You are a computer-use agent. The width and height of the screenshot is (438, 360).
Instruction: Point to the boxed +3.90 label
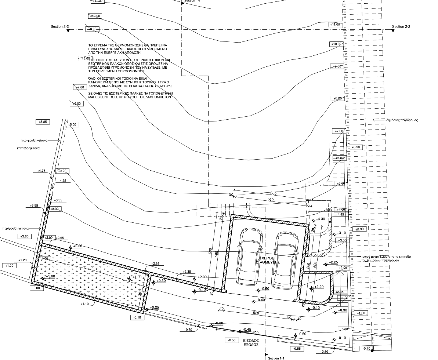[360, 229]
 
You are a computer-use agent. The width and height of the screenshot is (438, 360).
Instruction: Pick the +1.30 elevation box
[361, 313]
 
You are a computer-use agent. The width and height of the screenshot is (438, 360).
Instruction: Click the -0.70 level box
[366, 348]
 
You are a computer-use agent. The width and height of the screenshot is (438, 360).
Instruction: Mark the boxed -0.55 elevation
[297, 348]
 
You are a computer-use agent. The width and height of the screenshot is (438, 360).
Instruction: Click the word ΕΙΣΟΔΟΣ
[251, 340]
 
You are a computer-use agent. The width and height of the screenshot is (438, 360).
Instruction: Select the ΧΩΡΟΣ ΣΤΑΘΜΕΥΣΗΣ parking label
[268, 260]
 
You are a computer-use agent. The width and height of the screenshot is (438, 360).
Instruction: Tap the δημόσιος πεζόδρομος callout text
[402, 120]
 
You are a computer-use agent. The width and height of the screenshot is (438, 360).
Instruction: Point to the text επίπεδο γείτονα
[28, 148]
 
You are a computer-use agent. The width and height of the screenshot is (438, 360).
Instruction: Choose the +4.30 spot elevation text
[321, 219]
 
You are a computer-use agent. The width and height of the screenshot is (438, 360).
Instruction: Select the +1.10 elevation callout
[85, 304]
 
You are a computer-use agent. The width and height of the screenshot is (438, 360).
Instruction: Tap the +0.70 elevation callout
[188, 330]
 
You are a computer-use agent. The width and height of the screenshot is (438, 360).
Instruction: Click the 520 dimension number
[256, 313]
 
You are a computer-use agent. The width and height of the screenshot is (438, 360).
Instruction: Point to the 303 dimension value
[329, 210]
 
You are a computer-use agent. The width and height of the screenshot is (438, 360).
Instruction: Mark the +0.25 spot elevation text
[155, 307]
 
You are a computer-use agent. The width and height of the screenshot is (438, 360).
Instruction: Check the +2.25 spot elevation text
[333, 262]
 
